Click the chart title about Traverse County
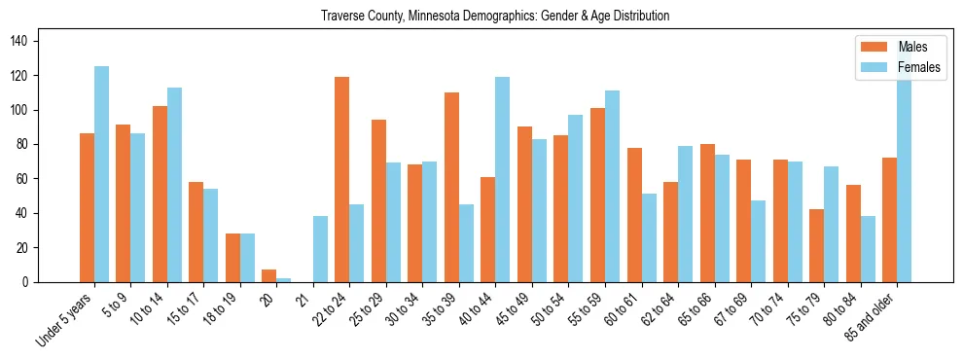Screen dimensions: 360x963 (495, 17)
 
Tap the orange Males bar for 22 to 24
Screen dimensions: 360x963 (342, 179)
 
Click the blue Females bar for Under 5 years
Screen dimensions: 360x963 (101, 174)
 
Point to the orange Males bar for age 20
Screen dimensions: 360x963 (269, 275)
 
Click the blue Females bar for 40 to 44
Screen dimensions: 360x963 (503, 179)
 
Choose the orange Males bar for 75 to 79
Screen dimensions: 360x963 (816, 245)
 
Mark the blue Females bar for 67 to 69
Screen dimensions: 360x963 (758, 241)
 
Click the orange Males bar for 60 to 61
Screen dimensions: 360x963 (634, 215)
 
